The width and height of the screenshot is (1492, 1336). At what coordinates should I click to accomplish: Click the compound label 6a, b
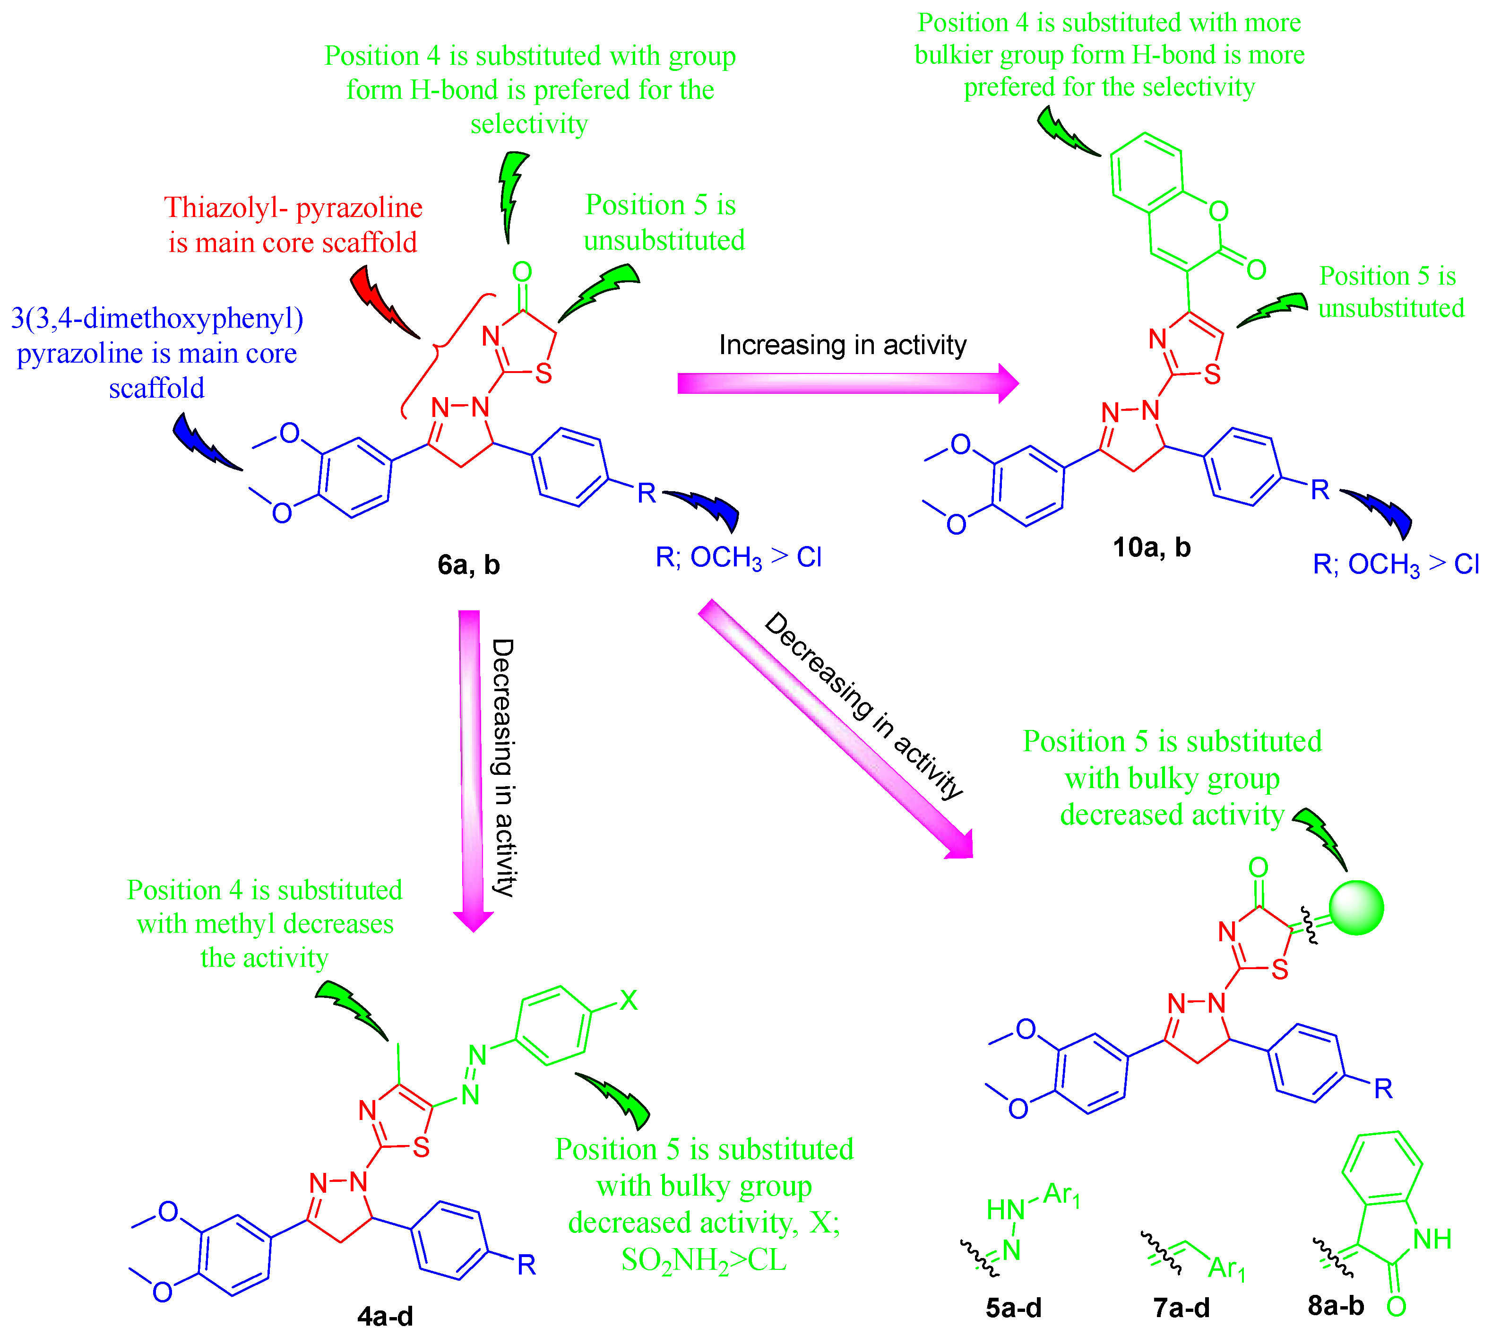468,564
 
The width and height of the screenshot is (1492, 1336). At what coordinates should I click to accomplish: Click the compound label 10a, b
1151,547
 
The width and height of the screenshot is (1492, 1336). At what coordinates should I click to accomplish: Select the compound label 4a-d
385,1316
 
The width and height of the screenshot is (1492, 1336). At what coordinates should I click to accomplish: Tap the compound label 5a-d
1014,1307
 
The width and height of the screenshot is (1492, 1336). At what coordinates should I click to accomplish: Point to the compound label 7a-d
1181,1307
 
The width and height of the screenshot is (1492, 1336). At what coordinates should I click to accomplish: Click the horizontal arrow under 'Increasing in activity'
844,382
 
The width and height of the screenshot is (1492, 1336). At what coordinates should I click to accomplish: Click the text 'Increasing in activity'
843,344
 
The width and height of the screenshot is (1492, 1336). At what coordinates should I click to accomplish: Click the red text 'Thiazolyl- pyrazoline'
293,208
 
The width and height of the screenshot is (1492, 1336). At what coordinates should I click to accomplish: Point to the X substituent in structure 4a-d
629,1000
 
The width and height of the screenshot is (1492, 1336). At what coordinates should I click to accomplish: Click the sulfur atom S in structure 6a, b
543,373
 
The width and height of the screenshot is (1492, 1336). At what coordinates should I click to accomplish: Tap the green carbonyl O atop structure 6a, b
522,272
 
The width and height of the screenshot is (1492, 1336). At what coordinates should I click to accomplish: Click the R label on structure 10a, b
1320,490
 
